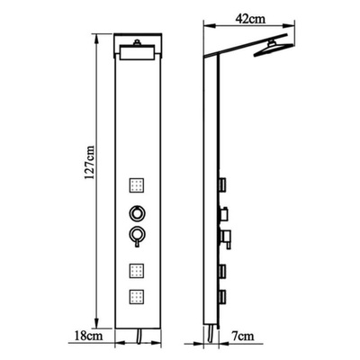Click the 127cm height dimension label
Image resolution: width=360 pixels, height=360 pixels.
coord(89,162)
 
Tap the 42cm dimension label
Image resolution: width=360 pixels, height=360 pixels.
coord(251,19)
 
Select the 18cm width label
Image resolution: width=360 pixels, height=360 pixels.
coord(89,335)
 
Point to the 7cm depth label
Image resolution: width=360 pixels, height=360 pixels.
coord(242,336)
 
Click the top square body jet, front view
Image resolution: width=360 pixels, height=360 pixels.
coord(137,185)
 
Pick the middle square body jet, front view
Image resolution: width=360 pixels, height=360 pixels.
coord(137,271)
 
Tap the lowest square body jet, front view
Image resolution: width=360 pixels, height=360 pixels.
coord(137,296)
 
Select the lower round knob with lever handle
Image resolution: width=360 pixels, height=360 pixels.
coord(137,236)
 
